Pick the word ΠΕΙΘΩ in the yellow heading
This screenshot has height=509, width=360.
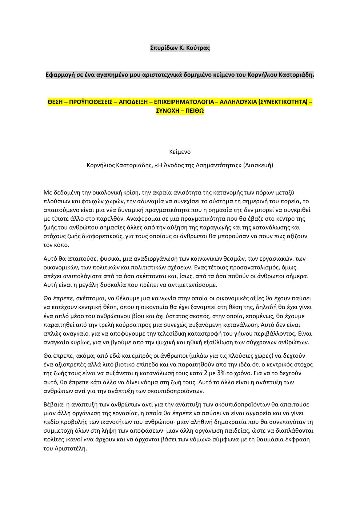click(x=195, y=111)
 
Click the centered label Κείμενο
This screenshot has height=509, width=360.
click(x=180, y=152)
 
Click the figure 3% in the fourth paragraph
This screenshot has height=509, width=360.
click(x=221, y=373)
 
